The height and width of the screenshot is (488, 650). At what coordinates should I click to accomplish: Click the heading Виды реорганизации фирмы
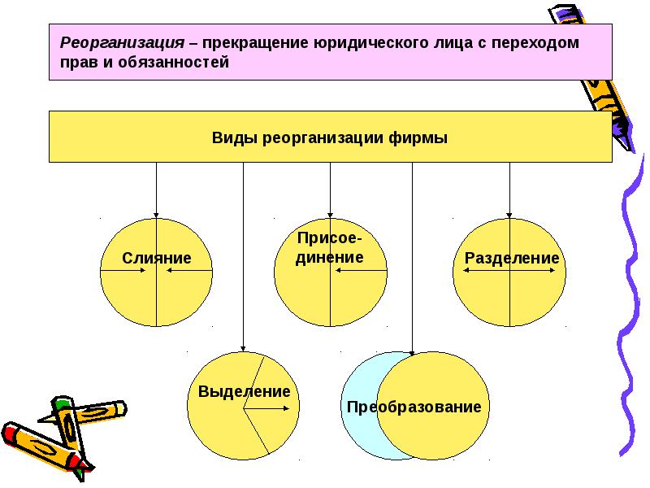pyautogui.click(x=330, y=137)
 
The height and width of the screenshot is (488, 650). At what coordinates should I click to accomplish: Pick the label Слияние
pyautogui.click(x=157, y=259)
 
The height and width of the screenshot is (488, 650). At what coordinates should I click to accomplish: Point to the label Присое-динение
pyautogui.click(x=329, y=247)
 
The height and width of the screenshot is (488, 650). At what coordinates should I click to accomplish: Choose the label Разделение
pyautogui.click(x=512, y=259)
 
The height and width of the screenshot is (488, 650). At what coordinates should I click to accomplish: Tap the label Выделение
pyautogui.click(x=244, y=391)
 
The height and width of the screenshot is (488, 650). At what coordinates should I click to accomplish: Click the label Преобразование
pyautogui.click(x=414, y=407)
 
